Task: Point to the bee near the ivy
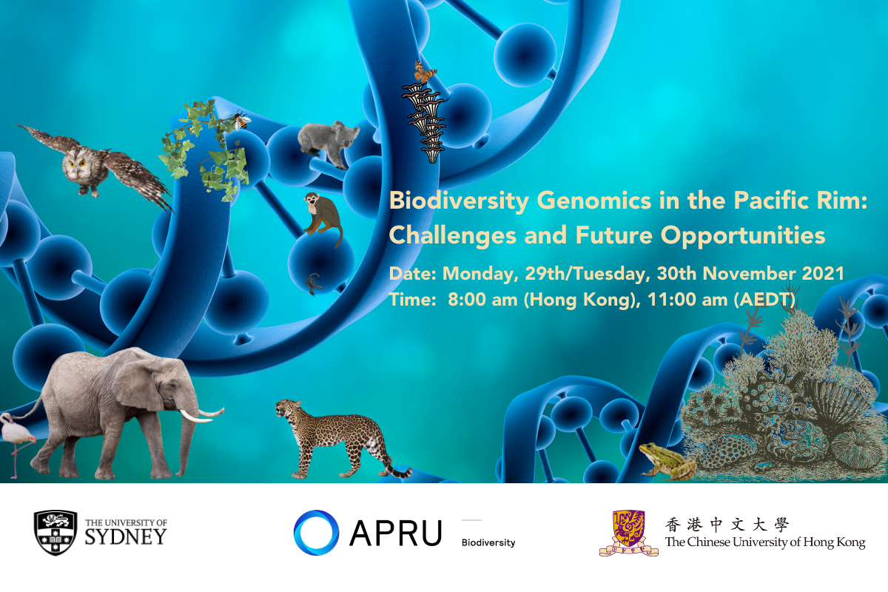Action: (241, 120)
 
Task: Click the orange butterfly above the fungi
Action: (425, 71)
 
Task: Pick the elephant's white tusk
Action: (201, 414)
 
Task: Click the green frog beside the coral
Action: (666, 461)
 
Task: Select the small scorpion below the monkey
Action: (314, 283)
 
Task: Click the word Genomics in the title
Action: (593, 201)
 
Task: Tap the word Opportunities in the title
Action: (743, 235)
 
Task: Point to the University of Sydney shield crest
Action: (55, 533)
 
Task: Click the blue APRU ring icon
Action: (316, 532)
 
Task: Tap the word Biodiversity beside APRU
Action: (488, 542)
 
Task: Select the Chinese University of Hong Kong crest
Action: (629, 533)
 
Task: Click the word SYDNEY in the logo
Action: (126, 537)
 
